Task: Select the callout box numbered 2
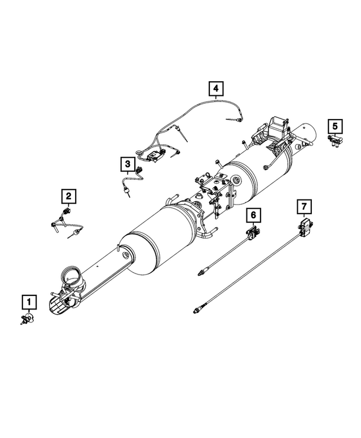(x=68, y=196)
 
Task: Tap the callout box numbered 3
(x=128, y=164)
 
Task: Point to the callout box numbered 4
(x=215, y=89)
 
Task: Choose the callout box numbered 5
(x=335, y=125)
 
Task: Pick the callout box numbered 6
(x=253, y=215)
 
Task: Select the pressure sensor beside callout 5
(x=336, y=140)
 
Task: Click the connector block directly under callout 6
(x=253, y=231)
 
